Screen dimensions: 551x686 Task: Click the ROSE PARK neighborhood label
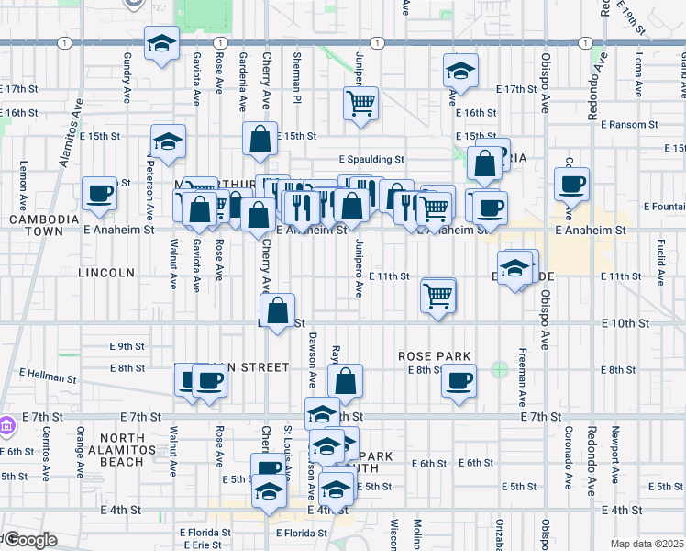tap(434, 356)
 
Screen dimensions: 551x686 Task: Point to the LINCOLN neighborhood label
tap(106, 273)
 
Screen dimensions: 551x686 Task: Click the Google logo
tap(29, 540)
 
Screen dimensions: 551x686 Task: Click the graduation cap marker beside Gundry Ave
tap(162, 44)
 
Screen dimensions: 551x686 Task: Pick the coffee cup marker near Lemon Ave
tap(99, 193)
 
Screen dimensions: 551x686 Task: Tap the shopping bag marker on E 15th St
tap(260, 139)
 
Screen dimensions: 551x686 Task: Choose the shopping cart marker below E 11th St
tap(438, 295)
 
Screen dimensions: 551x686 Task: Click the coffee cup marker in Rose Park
tap(459, 380)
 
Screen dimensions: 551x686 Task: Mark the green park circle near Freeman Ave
tap(499, 370)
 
